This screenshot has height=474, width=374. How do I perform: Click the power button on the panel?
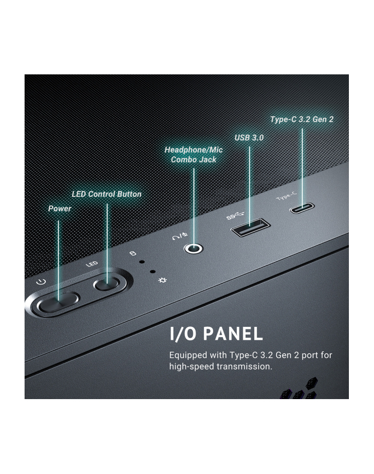coord(58,302)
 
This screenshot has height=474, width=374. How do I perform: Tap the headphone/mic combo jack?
coord(193,249)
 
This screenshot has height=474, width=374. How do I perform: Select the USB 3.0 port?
coord(250,227)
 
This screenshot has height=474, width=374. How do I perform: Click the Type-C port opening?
coord(302,208)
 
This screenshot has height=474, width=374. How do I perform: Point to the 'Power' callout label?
coord(60,209)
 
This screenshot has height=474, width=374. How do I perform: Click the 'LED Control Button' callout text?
coord(106,194)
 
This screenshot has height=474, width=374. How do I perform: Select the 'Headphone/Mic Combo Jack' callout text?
coord(193,155)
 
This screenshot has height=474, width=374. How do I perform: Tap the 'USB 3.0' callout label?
coord(249,138)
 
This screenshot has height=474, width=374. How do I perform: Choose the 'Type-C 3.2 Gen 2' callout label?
coord(302,119)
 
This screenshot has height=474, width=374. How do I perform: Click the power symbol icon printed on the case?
coord(41,282)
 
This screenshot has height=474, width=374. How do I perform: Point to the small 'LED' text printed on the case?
coord(92,264)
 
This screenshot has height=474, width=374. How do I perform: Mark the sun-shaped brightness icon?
coord(162,280)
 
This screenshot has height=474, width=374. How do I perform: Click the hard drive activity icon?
coord(133,253)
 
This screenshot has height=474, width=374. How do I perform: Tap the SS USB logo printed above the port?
coord(235,216)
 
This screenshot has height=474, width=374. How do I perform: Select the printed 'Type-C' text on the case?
coord(286,196)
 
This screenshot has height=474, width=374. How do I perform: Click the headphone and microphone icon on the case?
coord(180,236)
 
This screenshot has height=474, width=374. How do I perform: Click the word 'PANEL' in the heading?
coord(233,334)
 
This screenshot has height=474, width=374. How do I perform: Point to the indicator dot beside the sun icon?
coord(153,272)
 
